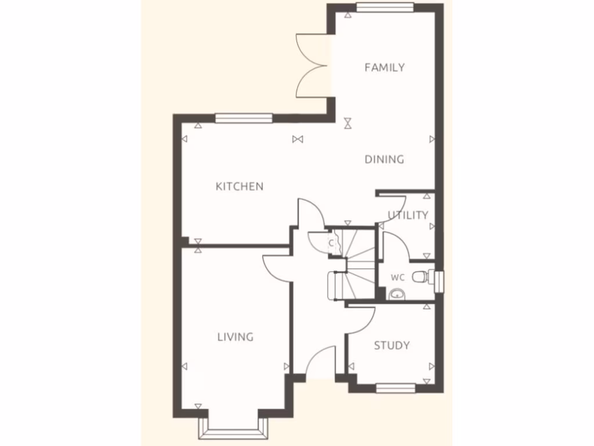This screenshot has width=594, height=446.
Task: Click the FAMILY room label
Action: point(384,67)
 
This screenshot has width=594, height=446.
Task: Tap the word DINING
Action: point(384,159)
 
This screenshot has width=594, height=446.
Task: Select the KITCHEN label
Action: point(240,186)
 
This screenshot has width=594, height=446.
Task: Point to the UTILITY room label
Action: point(408,215)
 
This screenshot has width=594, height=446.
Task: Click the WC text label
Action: point(397,278)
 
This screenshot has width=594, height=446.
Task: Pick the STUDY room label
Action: point(392,346)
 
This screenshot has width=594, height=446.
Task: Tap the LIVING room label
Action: point(236,337)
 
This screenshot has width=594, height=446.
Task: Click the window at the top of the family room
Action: point(385,8)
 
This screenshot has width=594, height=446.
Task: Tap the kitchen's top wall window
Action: point(244,118)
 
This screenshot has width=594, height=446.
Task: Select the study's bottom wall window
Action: point(396,388)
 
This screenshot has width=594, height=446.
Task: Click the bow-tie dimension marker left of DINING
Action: point(298,139)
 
